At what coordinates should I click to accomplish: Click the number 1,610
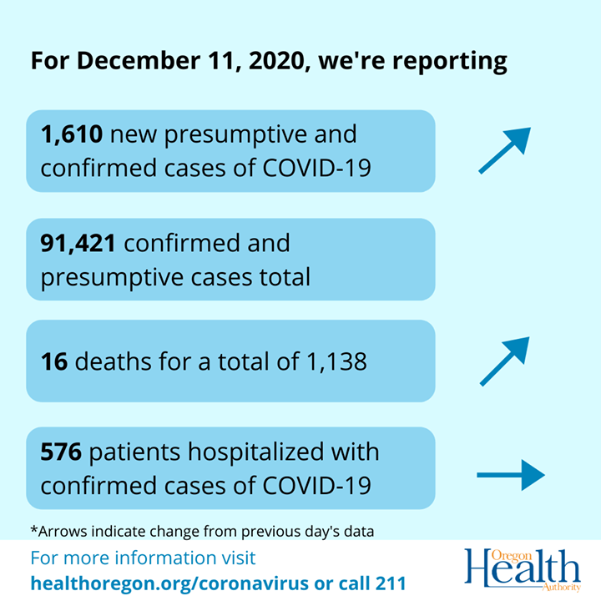click(73, 134)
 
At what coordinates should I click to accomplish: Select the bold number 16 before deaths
click(54, 361)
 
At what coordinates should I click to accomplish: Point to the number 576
click(61, 452)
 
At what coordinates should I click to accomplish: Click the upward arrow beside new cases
click(504, 150)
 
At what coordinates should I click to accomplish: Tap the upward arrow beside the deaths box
click(504, 361)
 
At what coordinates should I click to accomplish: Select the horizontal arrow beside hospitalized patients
click(510, 476)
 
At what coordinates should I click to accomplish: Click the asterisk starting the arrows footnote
click(33, 529)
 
